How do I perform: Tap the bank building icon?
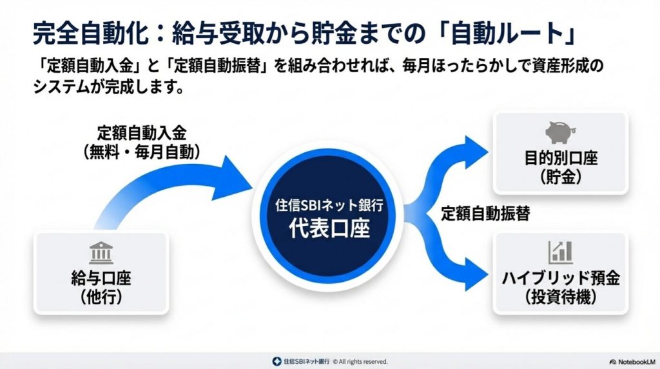pyautogui.click(x=101, y=254)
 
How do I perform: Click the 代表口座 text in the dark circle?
pyautogui.click(x=329, y=228)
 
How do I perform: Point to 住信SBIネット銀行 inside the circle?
pyautogui.click(x=329, y=206)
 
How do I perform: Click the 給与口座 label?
pyautogui.click(x=101, y=279)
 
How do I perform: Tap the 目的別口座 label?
pyautogui.click(x=560, y=157)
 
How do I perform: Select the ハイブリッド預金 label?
pyautogui.click(x=560, y=279)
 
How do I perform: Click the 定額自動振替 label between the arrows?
pyautogui.click(x=485, y=215)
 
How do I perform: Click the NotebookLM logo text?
pyautogui.click(x=632, y=362)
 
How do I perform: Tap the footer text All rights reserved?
pyautogui.click(x=364, y=362)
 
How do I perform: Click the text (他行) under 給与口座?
pyautogui.click(x=101, y=297)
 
